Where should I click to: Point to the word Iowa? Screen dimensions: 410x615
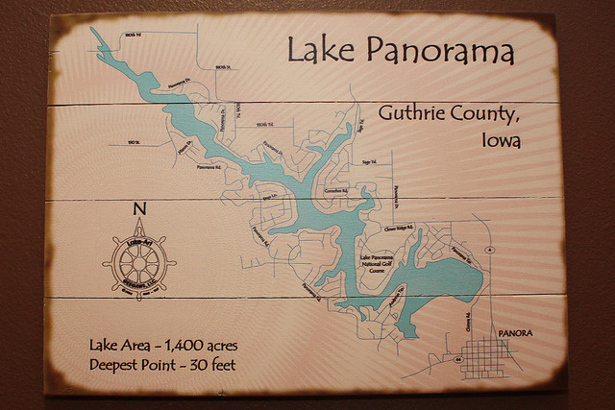(x=500, y=140)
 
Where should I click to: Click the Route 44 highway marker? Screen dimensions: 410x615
(x=458, y=358)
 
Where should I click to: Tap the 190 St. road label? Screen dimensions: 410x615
(x=135, y=143)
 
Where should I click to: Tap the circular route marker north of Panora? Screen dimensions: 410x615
(x=490, y=249)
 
